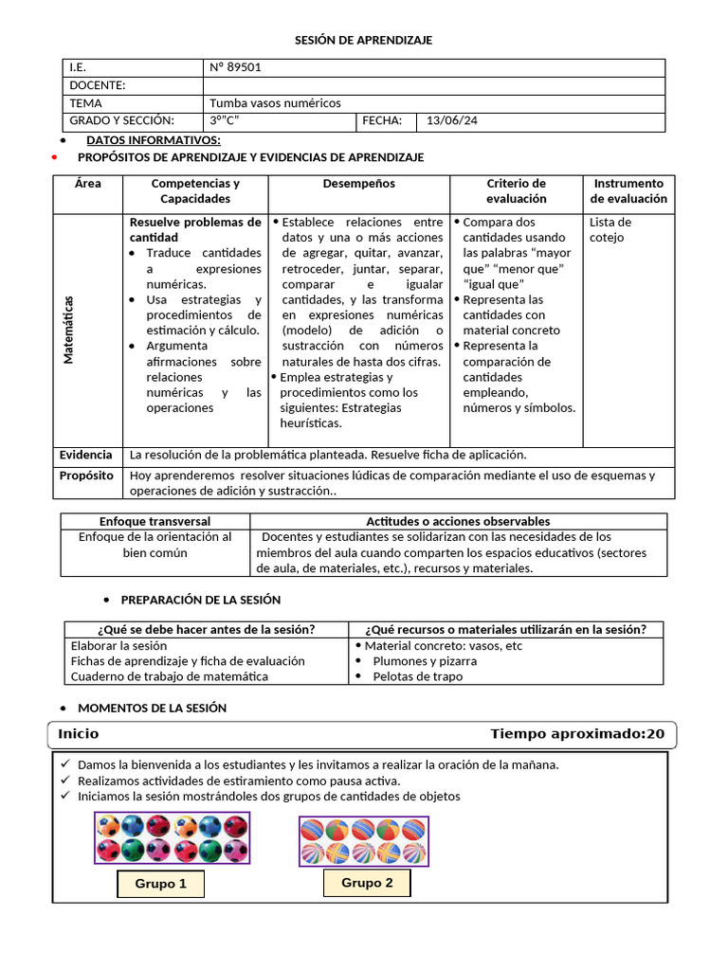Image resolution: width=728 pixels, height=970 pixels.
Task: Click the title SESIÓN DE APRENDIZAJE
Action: click(x=365, y=40)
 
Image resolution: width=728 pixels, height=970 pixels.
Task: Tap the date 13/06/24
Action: click(x=453, y=120)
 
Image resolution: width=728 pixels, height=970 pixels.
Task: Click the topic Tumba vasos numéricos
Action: click(x=275, y=103)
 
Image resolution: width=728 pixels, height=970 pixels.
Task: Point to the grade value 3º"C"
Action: click(x=224, y=120)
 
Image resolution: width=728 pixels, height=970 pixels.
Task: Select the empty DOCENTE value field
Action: click(x=434, y=86)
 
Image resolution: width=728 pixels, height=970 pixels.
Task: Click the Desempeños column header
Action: click(x=358, y=184)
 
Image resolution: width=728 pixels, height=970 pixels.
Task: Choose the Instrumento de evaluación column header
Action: click(x=628, y=191)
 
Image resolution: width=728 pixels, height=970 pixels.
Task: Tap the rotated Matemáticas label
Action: click(x=68, y=330)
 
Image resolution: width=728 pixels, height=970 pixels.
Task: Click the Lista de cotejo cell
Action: click(x=610, y=229)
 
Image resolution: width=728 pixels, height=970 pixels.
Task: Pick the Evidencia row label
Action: click(x=85, y=456)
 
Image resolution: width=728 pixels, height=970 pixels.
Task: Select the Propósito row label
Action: click(x=86, y=476)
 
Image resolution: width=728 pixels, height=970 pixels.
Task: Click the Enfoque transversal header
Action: click(x=155, y=521)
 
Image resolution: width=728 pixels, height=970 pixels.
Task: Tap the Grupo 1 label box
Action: click(x=160, y=884)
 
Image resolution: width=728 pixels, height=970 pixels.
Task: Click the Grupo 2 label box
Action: click(x=367, y=883)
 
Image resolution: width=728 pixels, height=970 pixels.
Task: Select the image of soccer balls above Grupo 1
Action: click(x=172, y=837)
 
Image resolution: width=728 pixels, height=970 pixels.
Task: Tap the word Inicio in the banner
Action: click(x=78, y=734)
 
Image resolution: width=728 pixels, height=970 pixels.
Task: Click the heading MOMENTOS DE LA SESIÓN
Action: click(x=152, y=708)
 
